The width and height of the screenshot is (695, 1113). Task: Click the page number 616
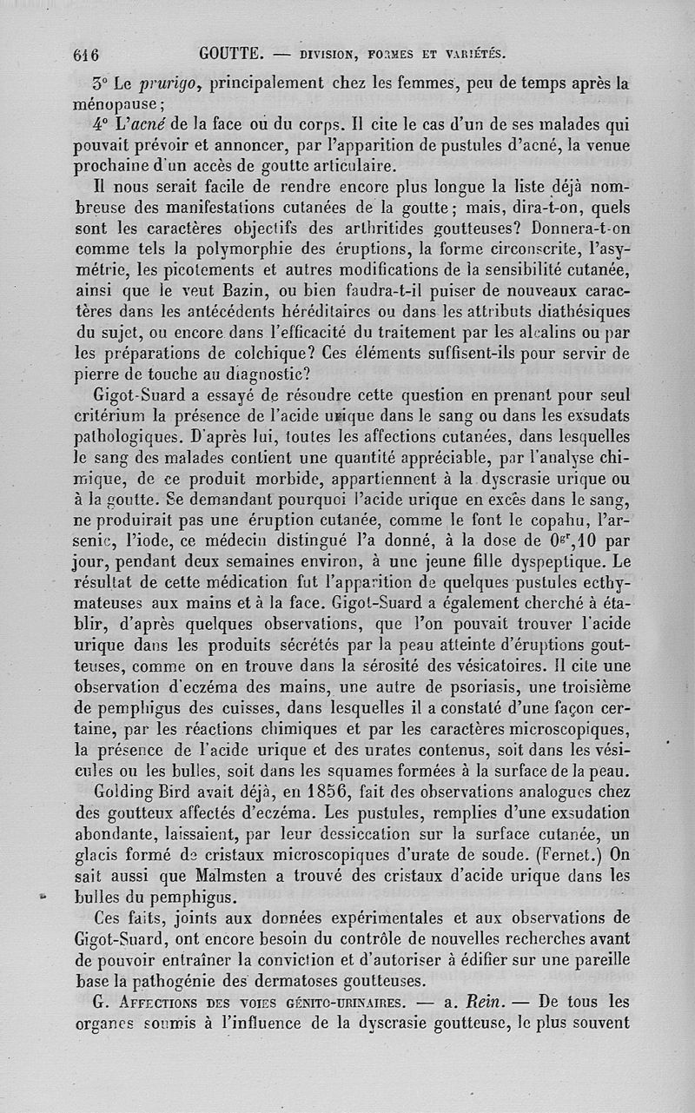pos(86,54)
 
